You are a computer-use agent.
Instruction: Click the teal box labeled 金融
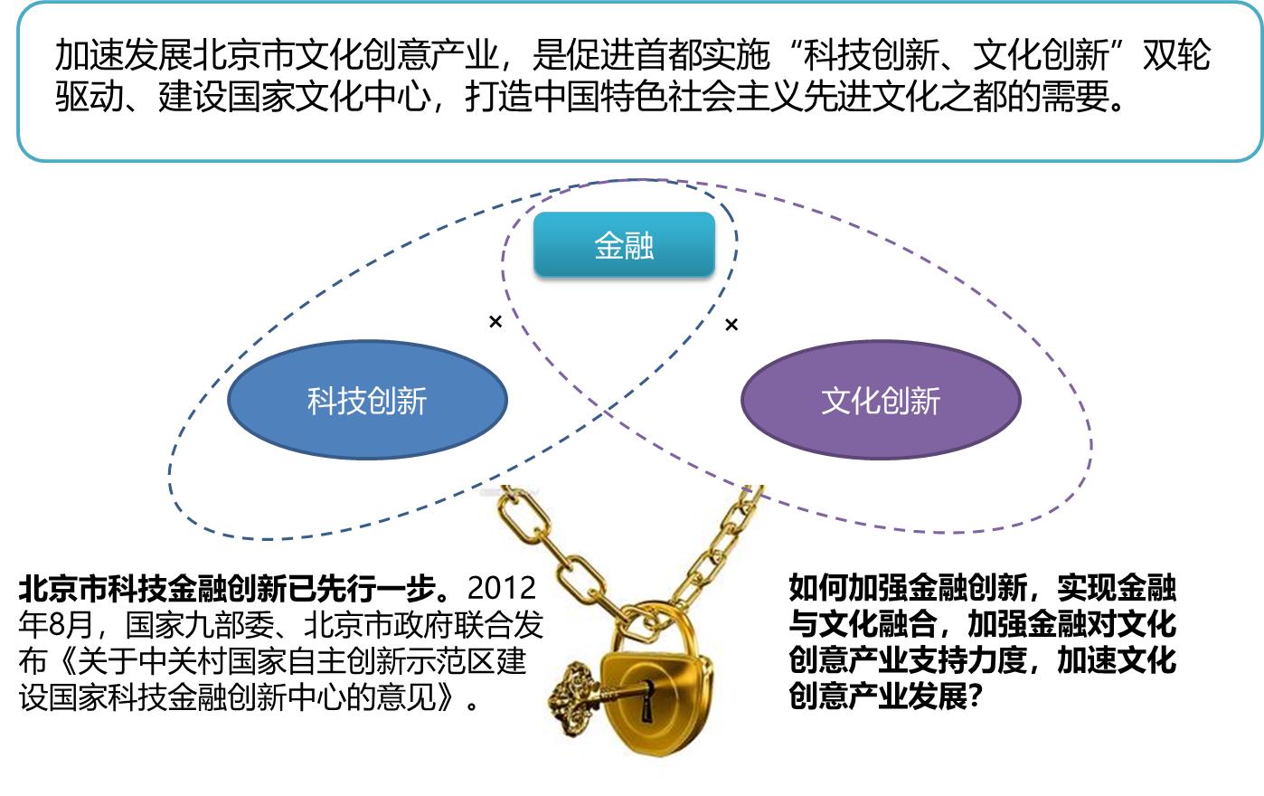624,244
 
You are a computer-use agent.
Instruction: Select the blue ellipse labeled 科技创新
367,400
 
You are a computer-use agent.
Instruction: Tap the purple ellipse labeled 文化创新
881,400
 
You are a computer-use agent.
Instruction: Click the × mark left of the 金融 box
495,322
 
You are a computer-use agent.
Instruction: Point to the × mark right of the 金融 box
731,324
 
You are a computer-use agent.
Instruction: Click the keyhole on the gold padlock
646,700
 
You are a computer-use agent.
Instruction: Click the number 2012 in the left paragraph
502,589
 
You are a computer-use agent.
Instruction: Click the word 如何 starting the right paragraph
818,589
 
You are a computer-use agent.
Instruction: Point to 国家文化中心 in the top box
328,97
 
